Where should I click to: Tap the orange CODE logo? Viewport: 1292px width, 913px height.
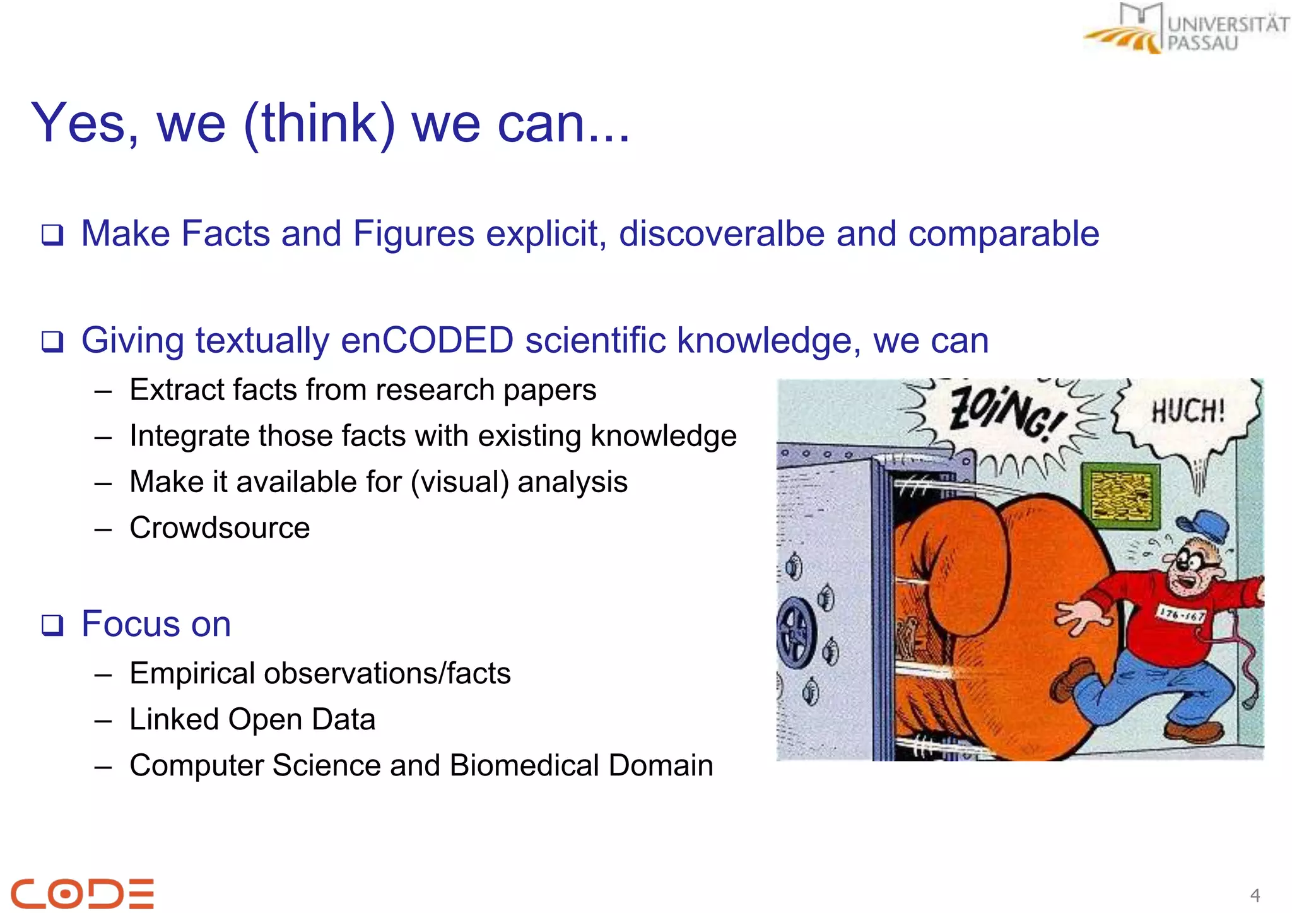(83, 893)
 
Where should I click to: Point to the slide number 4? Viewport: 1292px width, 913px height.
(1255, 895)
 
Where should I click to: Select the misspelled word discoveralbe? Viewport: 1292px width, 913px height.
(722, 234)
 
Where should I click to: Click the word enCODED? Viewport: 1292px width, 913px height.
(427, 341)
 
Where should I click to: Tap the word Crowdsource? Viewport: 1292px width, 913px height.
(220, 528)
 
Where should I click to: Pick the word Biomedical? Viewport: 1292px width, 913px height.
(524, 765)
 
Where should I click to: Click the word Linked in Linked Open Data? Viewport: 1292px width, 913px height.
(174, 719)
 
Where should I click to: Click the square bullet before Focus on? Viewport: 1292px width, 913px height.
(52, 625)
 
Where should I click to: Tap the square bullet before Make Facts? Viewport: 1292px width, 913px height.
(52, 235)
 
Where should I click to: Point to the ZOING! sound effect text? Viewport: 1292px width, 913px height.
(1003, 413)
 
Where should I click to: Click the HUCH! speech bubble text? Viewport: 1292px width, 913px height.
(1187, 411)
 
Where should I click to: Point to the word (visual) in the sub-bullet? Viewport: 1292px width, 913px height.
(459, 482)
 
